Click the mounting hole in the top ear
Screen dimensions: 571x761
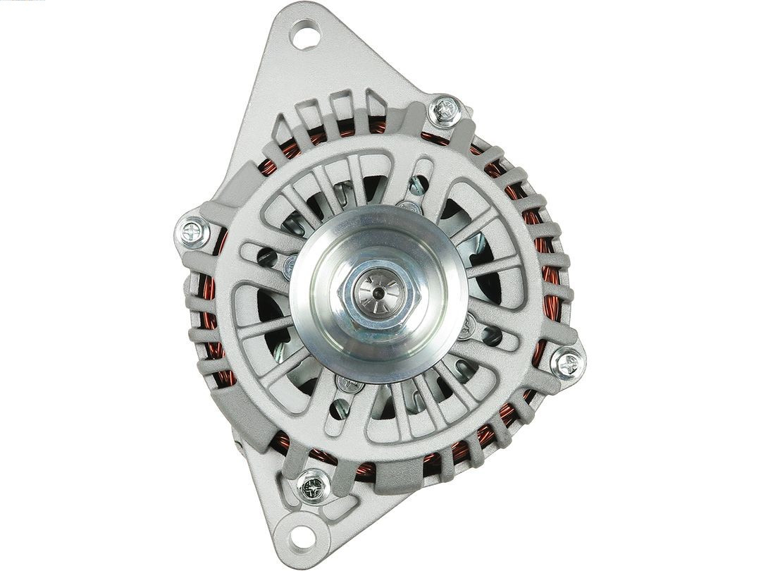305,35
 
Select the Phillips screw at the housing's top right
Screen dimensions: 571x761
446,109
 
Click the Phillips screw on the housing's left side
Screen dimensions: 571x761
192,231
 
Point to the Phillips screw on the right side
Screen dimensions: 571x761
567,363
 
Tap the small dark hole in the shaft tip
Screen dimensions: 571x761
378,292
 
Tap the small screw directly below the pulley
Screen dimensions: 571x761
349,385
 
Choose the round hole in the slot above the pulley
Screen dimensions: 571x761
419,185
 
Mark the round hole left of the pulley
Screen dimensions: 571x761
266,257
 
